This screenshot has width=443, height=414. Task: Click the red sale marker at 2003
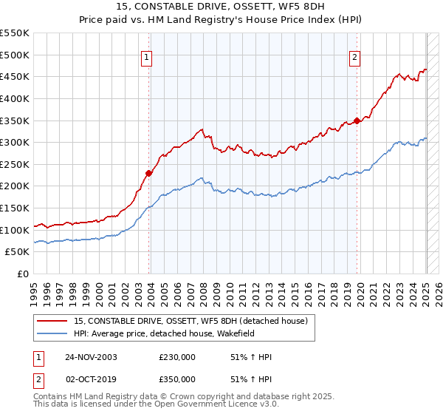149,173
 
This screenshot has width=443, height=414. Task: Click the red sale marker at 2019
357,121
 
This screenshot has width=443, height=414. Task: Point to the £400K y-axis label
15,98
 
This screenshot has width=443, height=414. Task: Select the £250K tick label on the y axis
15,164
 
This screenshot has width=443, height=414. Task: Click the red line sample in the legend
51,320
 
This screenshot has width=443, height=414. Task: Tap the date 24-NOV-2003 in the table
91,357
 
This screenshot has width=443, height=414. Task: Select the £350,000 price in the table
177,379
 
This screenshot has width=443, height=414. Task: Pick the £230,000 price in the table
177,357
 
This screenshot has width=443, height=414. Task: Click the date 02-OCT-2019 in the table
91,379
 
